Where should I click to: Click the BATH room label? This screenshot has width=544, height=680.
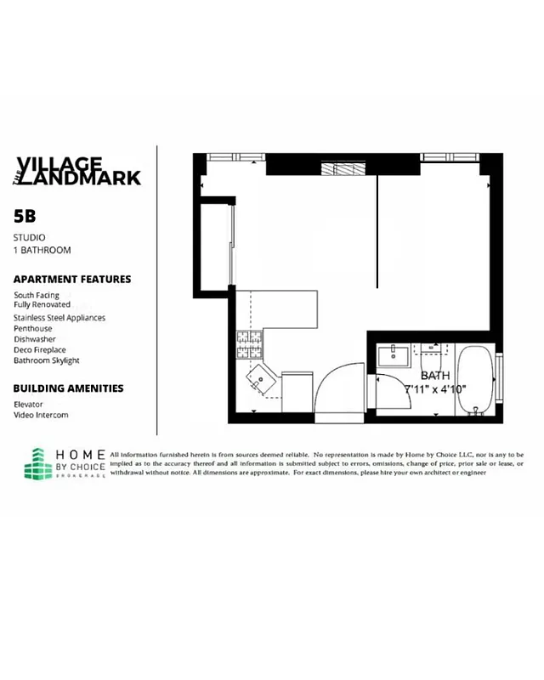click(434, 375)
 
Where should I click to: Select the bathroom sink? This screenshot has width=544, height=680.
click(393, 354)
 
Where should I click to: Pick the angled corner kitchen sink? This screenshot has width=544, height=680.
click(258, 375)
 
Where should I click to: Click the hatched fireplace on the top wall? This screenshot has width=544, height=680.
click(348, 167)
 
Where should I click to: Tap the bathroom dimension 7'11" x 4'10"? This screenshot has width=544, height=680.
click(435, 388)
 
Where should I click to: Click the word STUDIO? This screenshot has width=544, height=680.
click(29, 237)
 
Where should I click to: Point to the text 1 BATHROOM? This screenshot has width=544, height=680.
click(42, 251)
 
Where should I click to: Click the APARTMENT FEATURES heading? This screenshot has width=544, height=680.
click(72, 279)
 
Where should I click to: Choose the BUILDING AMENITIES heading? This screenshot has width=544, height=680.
click(68, 388)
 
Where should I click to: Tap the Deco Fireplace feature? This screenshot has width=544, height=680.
click(39, 349)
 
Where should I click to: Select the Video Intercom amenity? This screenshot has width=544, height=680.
click(41, 415)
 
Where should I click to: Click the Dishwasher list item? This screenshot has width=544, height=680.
click(35, 338)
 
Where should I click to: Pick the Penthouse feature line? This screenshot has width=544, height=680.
click(33, 328)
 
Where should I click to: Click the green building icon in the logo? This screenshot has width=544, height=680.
click(38, 464)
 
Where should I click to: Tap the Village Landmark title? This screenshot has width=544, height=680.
click(78, 171)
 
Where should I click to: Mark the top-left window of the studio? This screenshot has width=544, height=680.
click(226, 156)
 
